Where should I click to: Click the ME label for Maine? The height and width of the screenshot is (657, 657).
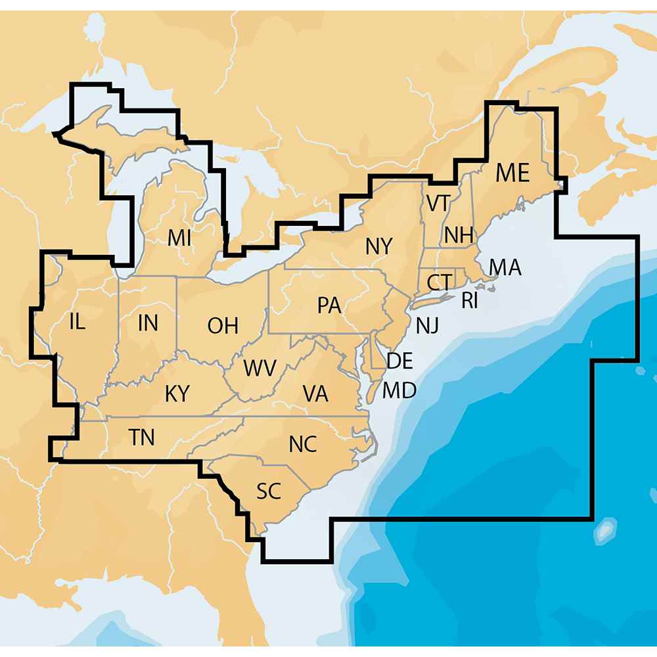(512, 173)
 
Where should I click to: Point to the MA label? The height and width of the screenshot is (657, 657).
(505, 267)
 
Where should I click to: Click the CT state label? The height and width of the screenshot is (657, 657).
(438, 283)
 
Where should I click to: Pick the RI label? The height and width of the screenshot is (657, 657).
(469, 301)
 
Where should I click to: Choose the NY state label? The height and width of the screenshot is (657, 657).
(379, 247)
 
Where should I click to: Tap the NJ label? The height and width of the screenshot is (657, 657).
(427, 325)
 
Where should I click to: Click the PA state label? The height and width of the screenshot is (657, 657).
(328, 306)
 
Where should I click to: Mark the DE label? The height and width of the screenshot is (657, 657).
(399, 360)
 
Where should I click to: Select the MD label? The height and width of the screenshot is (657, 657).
(399, 391)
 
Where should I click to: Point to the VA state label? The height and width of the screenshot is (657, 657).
(315, 394)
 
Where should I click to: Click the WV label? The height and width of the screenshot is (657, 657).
(260, 368)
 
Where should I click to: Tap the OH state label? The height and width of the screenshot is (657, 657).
(223, 325)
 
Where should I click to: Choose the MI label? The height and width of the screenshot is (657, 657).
(179, 238)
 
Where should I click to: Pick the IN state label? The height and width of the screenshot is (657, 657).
(148, 323)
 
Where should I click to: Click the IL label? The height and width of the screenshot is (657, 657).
(77, 322)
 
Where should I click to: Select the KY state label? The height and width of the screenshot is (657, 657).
(177, 394)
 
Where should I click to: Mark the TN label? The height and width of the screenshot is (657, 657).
(142, 437)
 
